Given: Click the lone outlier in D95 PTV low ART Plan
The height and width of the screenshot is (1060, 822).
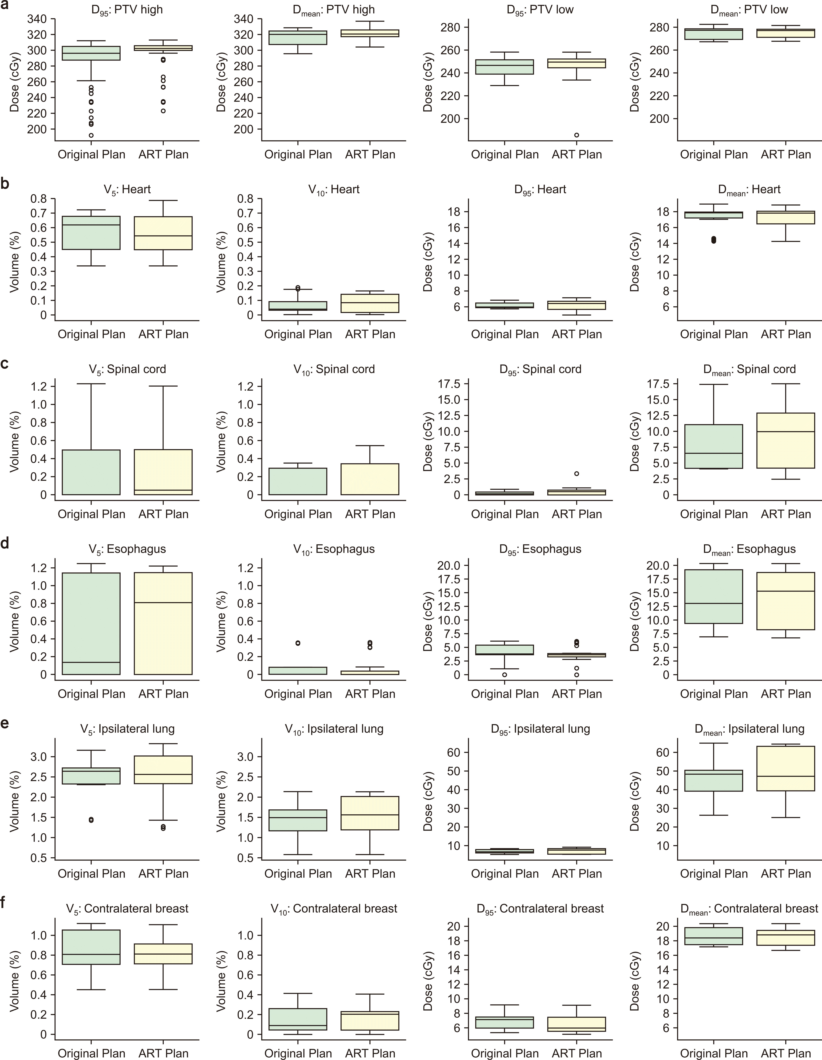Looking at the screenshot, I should (x=577, y=135).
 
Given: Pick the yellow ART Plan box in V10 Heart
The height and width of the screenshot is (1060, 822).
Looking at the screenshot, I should (x=370, y=303).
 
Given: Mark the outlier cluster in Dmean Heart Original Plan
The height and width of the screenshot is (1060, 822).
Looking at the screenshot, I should (x=713, y=240).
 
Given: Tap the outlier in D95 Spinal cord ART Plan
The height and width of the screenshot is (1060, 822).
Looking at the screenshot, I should (x=577, y=474).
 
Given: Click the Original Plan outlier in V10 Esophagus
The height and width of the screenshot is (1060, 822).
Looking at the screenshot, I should (x=298, y=643).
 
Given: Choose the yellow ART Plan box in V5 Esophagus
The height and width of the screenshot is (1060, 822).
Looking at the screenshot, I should (x=163, y=624).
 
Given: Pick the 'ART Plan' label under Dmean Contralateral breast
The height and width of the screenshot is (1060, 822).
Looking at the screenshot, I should (x=786, y=1053).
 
